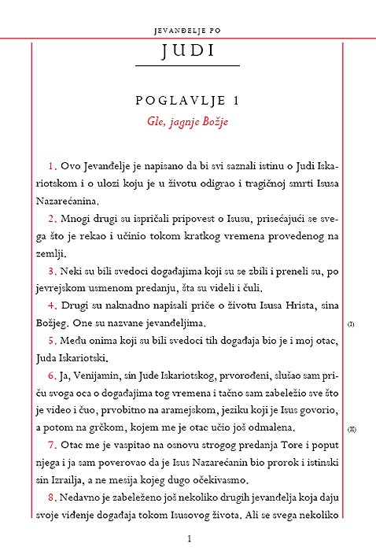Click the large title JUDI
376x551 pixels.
pos(187,52)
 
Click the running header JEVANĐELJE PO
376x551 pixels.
pos(187,31)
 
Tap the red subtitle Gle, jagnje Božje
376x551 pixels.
pos(187,122)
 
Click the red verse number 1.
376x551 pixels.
pos(52,166)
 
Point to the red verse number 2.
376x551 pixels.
pos(52,218)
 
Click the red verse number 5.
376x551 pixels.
pos(52,341)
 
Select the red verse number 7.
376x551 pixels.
pos(52,446)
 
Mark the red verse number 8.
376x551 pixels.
pos(52,498)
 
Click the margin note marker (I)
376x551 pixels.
pos(351,324)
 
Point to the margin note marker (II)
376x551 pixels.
pos(352,429)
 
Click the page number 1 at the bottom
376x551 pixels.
pos(189,538)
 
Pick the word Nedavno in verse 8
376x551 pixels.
pos(83,498)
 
